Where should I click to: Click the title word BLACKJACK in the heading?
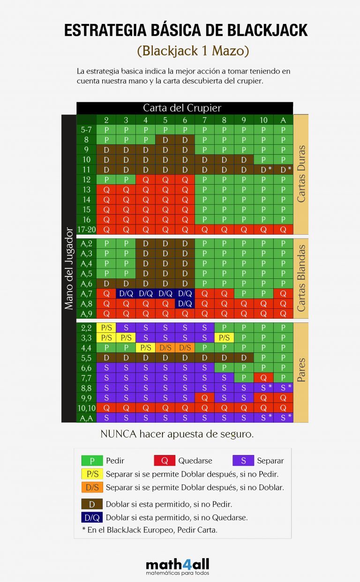[x=268, y=30]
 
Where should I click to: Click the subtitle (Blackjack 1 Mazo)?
[x=193, y=51]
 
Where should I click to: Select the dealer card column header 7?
[x=204, y=120]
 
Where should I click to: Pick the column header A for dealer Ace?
[x=283, y=120]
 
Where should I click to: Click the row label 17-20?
[x=86, y=230]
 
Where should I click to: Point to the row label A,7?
[x=86, y=294]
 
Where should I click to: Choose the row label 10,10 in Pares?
[x=86, y=408]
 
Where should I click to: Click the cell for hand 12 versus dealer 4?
[x=145, y=179]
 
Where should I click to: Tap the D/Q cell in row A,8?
[x=185, y=304]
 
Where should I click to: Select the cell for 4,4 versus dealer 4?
[x=145, y=348]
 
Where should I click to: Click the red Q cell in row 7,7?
[x=263, y=378]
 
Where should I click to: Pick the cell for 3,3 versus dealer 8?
[x=224, y=338]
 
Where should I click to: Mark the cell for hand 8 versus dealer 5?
[x=165, y=140]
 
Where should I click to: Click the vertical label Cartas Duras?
[x=301, y=173]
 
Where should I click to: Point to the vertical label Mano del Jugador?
[x=69, y=268]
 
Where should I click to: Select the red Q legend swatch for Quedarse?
[x=165, y=461]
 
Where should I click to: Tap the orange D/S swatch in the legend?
[x=92, y=487]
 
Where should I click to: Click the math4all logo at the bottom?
[x=177, y=565]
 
